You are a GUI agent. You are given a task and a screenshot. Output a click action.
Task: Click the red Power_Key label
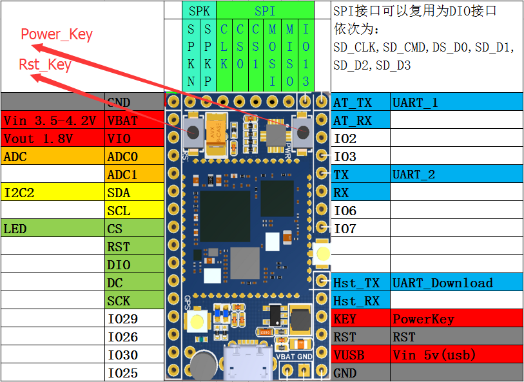(57, 34)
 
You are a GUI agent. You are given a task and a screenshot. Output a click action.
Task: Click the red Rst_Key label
(45, 64)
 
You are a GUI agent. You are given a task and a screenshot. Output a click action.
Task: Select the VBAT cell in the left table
(135, 120)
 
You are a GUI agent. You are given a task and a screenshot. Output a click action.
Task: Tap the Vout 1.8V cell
(53, 138)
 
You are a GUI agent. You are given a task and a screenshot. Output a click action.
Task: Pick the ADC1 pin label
(135, 175)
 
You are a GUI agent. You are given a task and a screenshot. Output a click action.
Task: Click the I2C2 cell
(53, 193)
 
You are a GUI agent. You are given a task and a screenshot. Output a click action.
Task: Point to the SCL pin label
(135, 211)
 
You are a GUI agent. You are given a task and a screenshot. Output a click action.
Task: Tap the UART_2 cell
(456, 175)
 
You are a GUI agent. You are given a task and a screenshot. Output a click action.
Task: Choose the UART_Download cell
(456, 283)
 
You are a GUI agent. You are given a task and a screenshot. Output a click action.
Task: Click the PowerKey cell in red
(456, 319)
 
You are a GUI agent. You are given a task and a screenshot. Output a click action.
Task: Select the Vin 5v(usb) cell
(456, 354)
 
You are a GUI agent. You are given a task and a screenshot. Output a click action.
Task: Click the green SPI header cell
(265, 11)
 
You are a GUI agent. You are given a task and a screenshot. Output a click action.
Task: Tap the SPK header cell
(199, 11)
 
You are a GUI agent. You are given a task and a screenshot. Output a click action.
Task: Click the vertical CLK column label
(224, 46)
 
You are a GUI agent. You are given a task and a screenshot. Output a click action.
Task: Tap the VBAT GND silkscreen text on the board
(294, 356)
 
